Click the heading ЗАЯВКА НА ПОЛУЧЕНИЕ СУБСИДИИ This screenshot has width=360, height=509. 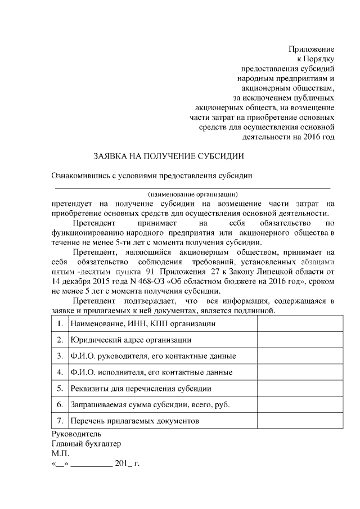(x=168, y=155)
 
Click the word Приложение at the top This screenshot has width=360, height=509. (x=312, y=49)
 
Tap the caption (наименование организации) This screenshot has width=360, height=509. (x=193, y=194)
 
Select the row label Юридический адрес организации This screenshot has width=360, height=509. (x=130, y=340)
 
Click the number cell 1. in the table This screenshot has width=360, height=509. (x=60, y=324)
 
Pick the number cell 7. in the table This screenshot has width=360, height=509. (x=60, y=421)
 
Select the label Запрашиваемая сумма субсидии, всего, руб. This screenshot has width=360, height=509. (x=150, y=404)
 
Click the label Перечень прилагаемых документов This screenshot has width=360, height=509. (x=134, y=421)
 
